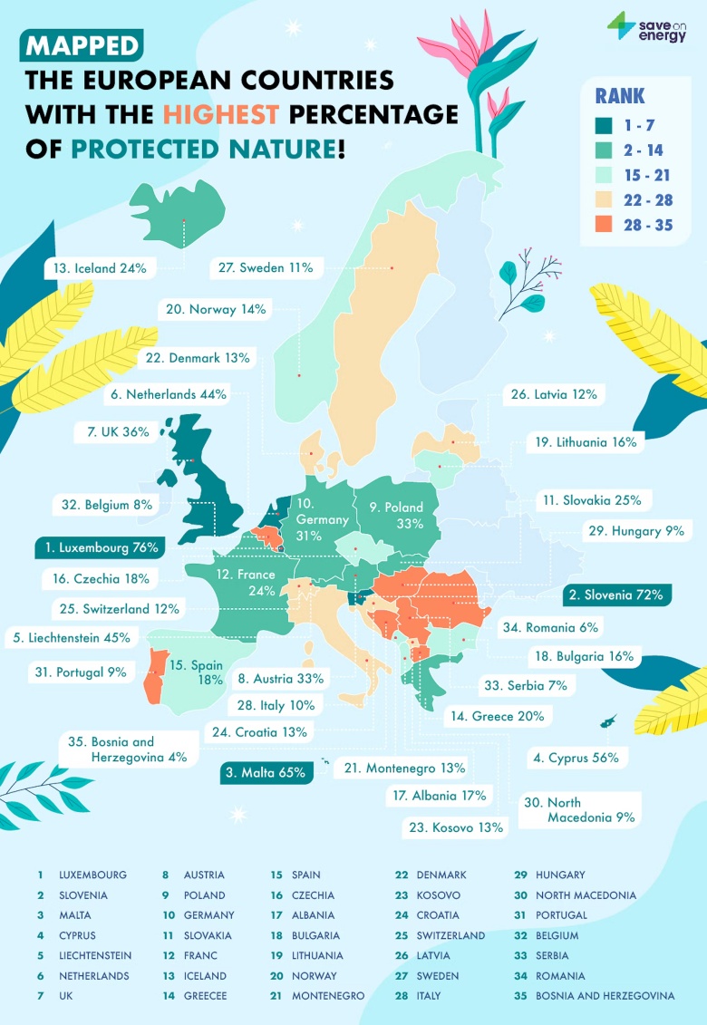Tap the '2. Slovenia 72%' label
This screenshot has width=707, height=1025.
click(617, 595)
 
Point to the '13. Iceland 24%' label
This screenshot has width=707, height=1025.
click(102, 268)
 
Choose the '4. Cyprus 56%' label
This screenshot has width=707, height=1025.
click(576, 758)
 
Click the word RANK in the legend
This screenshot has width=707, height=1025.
click(621, 95)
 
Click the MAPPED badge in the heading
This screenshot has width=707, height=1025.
click(82, 45)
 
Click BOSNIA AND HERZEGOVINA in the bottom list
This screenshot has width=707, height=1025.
click(605, 995)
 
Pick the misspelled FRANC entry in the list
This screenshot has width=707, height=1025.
click(201, 955)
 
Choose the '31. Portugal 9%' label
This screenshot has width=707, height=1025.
click(79, 672)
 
